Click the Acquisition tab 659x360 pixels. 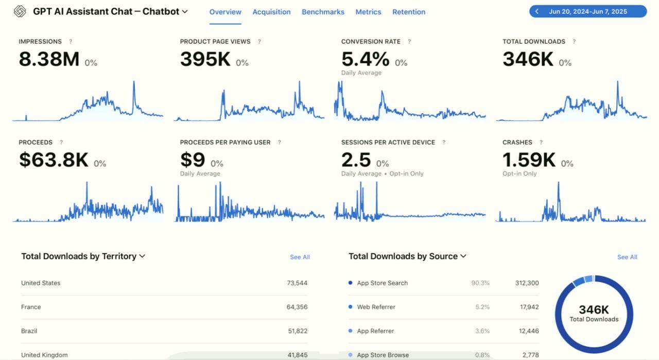271,12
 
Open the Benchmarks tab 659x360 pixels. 323,12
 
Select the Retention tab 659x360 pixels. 409,12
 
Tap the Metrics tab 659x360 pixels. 368,12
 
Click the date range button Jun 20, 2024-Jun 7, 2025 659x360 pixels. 587,11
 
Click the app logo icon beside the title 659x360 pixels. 20,11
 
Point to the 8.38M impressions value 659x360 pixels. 49,60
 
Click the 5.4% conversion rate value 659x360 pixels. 365,60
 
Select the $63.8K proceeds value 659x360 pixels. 54,160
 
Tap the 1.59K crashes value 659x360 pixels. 529,160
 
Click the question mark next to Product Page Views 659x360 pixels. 259,42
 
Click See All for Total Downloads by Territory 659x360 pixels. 300,257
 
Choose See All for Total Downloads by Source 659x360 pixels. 627,257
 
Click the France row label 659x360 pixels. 31,307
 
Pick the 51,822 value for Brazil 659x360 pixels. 297,331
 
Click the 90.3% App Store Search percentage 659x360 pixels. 480,283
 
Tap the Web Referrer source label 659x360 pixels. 376,307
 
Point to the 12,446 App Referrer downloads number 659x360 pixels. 527,331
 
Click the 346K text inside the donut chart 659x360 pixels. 594,310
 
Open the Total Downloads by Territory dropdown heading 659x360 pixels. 83,256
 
